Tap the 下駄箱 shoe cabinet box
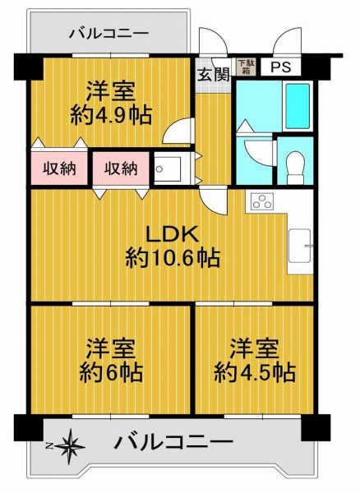245,67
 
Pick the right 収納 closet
120,168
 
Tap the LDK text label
173,233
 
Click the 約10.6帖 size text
173,260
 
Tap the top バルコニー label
108,34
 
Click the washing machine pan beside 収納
169,169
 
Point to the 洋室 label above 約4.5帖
254,345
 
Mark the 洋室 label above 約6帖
112,345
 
